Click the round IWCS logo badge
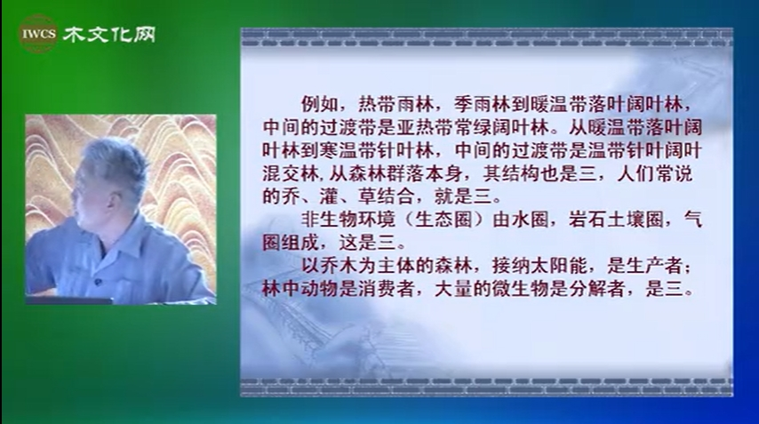tap(38, 34)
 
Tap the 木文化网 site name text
tap(109, 35)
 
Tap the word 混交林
tap(291, 173)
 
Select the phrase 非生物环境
tap(348, 220)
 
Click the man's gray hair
tap(114, 162)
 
